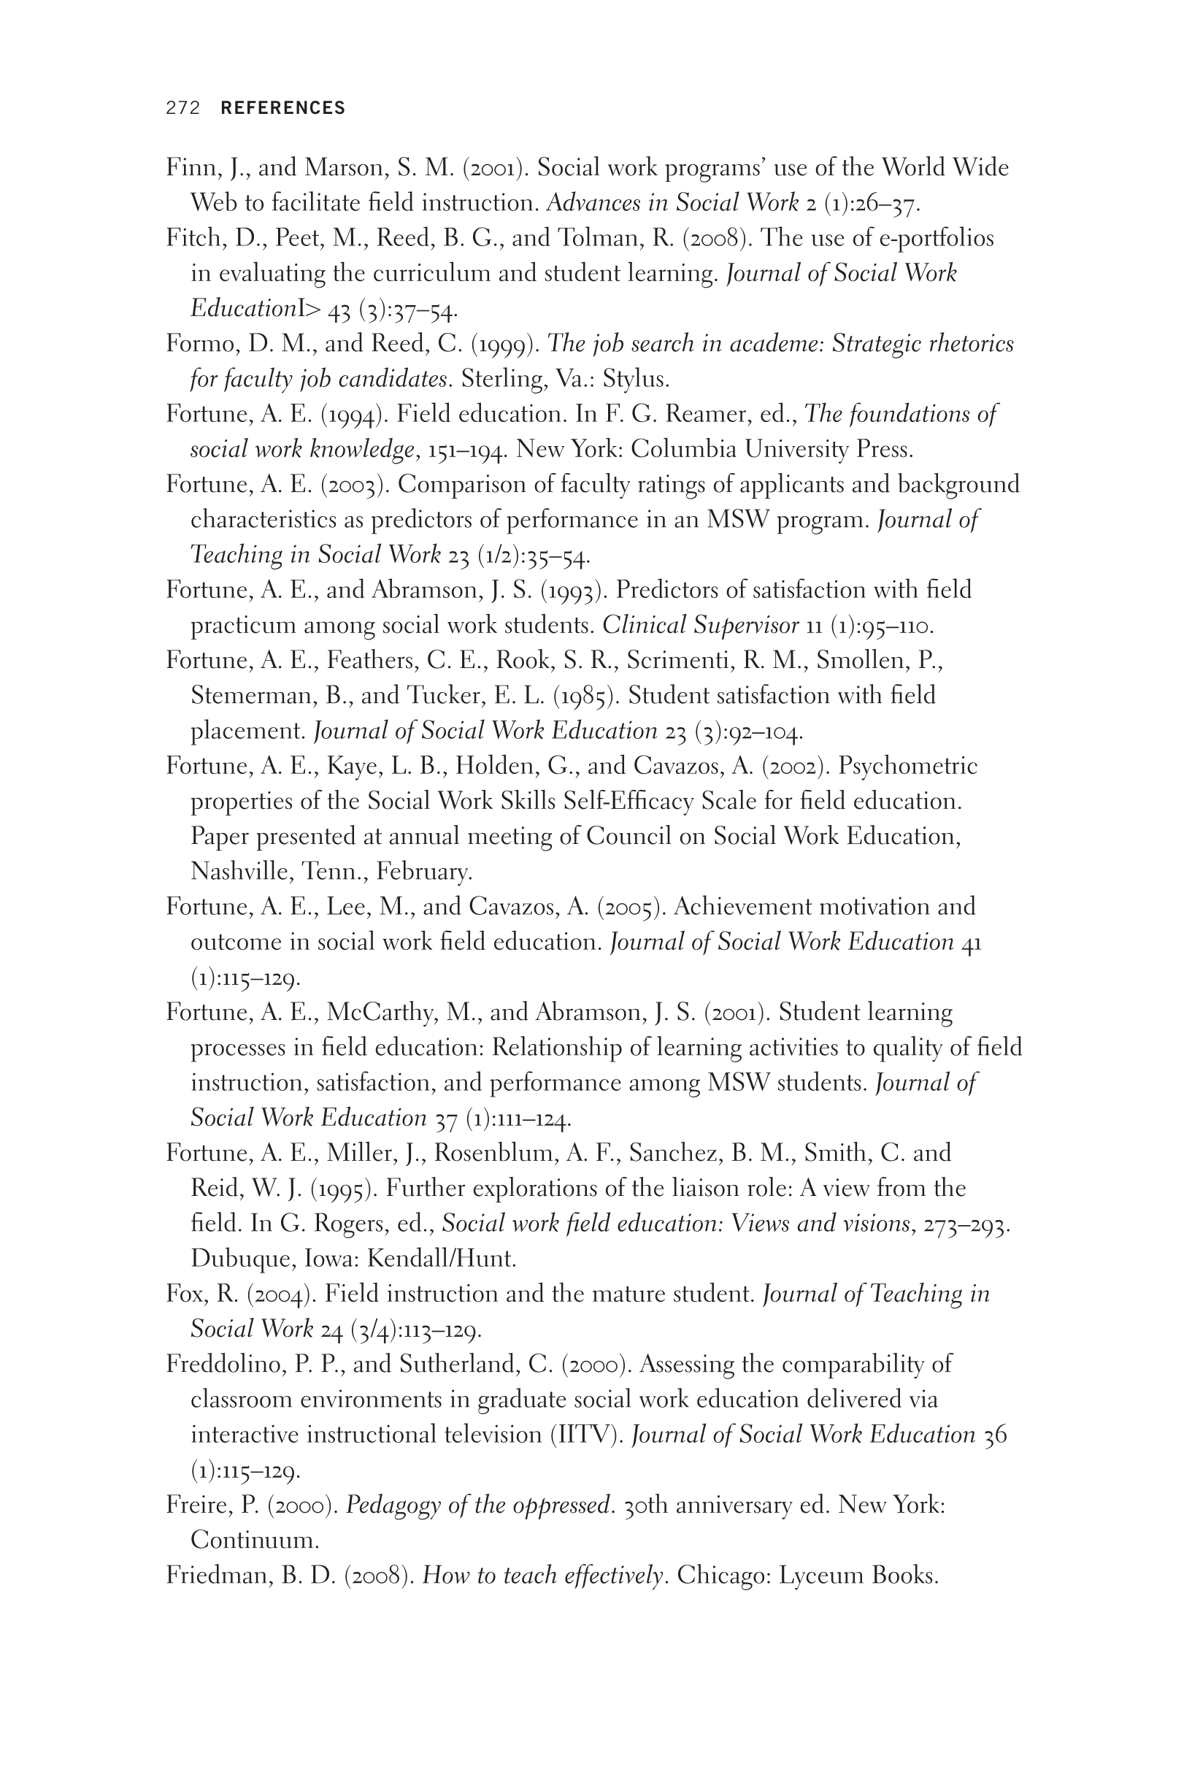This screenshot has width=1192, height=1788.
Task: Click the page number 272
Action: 182,108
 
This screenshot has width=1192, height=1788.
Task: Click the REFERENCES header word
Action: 282,108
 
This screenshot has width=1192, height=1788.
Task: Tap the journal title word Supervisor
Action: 746,626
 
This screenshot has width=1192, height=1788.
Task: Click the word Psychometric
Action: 907,767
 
